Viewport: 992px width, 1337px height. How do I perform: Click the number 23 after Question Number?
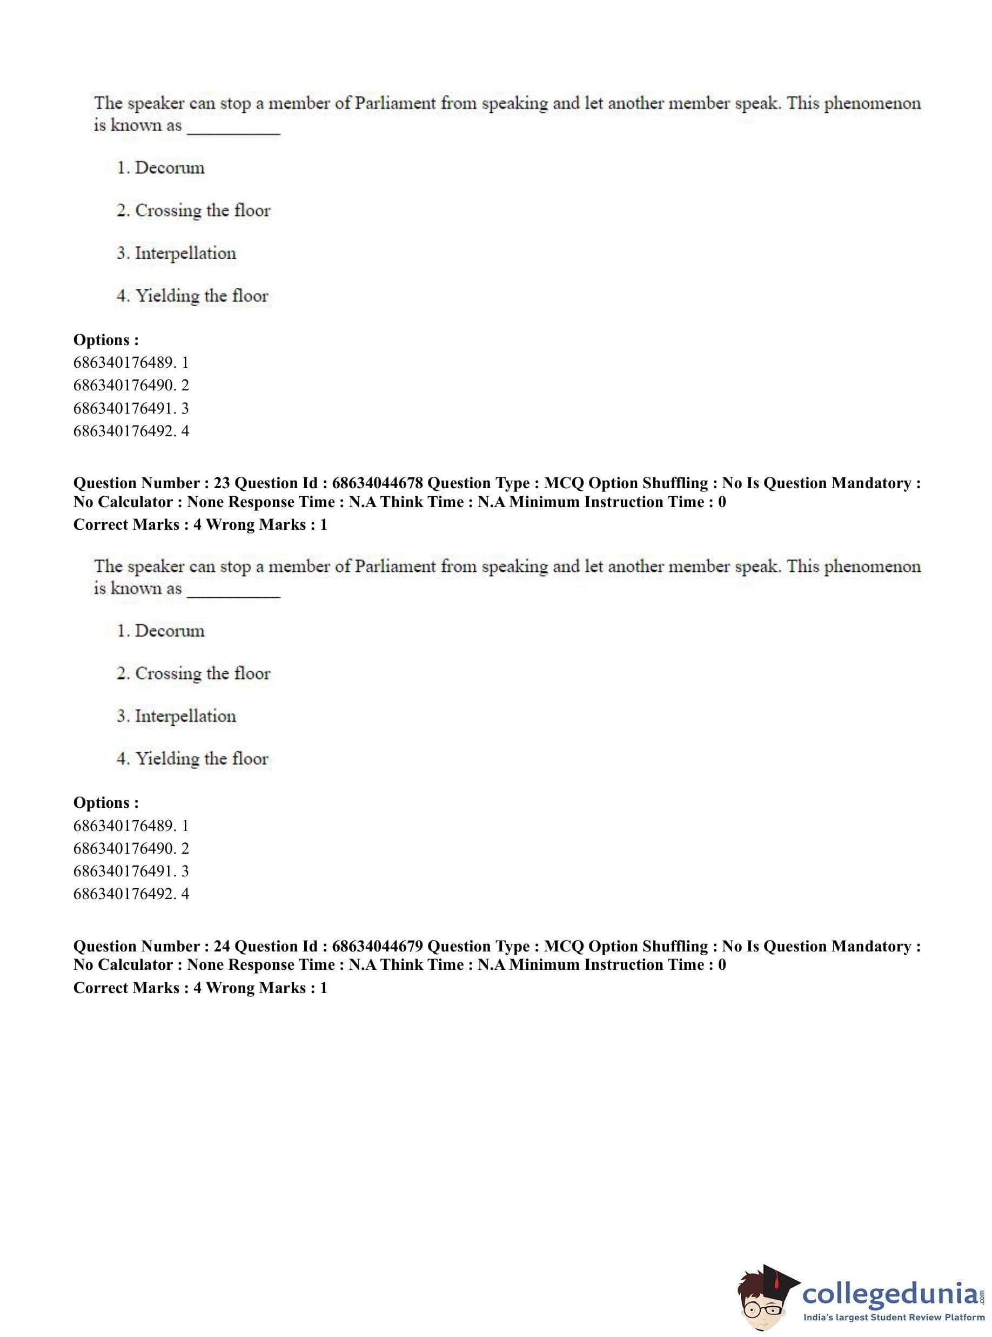coord(222,483)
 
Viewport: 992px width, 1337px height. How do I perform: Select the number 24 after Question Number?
coord(222,947)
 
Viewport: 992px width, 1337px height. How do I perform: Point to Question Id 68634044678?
coord(377,483)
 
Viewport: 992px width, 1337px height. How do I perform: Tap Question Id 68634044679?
coord(377,947)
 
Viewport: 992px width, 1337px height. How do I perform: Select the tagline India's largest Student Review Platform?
coord(894,1317)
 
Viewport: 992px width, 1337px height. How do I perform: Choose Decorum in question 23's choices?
coord(169,631)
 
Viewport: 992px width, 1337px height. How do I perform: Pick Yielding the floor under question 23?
coord(201,759)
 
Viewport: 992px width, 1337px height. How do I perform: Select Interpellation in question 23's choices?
coord(185,716)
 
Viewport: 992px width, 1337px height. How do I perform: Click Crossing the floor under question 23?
coord(203,673)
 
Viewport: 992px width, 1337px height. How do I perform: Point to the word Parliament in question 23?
coord(393,566)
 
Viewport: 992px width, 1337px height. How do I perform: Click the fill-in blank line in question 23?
coord(233,594)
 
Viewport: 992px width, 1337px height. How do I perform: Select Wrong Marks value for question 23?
coord(324,525)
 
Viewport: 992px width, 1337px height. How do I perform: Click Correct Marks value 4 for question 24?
coord(197,988)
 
